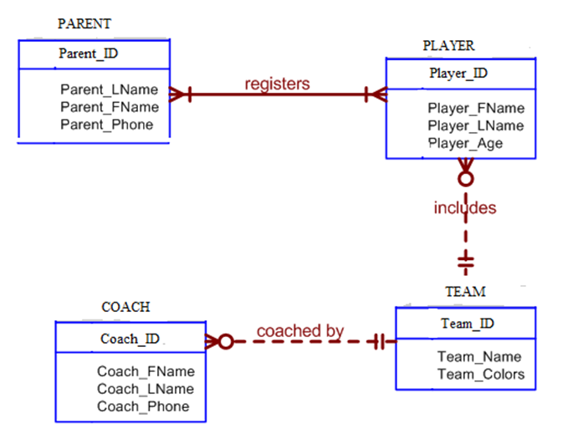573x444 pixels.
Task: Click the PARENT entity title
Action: tap(84, 24)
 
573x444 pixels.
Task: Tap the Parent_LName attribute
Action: tap(109, 89)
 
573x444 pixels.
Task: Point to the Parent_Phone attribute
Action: tap(107, 125)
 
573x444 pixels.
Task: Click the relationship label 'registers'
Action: tap(277, 84)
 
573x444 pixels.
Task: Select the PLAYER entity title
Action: tap(448, 45)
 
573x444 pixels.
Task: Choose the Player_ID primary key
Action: tap(458, 74)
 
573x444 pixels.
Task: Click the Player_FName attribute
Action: tap(476, 108)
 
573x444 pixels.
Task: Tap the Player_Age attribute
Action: tap(465, 143)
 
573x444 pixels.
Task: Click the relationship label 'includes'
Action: tap(465, 207)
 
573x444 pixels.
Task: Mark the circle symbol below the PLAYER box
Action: tap(466, 178)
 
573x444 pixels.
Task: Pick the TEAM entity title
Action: tap(465, 292)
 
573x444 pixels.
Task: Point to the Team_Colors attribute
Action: tap(481, 374)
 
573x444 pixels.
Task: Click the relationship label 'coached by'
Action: tap(300, 330)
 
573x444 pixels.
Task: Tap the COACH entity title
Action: tap(125, 307)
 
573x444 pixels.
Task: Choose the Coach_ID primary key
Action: tap(130, 339)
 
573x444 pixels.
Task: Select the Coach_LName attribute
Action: tap(146, 389)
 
